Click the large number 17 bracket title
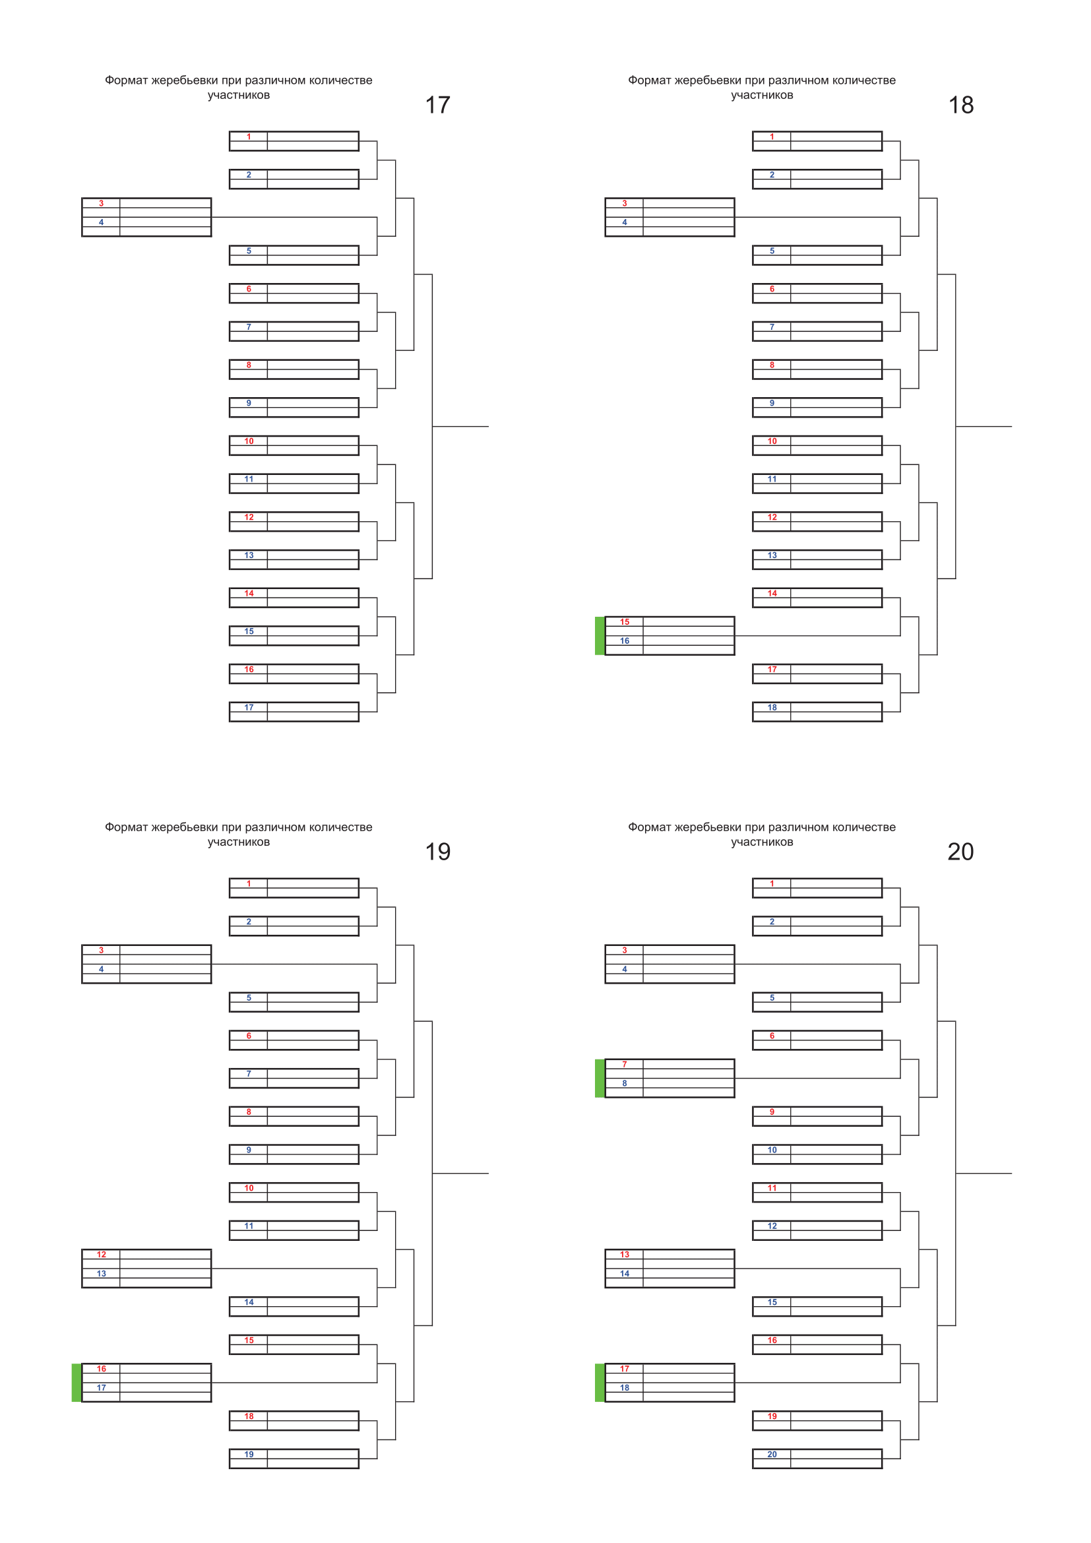(437, 105)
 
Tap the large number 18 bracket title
(960, 105)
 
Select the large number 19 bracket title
(437, 852)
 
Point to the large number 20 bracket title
(960, 852)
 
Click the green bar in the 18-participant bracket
(600, 636)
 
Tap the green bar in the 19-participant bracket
(77, 1383)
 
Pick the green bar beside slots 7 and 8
(600, 1078)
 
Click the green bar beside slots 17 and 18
(600, 1383)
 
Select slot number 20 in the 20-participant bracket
(772, 1455)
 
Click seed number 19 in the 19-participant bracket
(249, 1455)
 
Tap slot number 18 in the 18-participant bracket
(772, 708)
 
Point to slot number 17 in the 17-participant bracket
(249, 708)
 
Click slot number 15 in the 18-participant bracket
(625, 622)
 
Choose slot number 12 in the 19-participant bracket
(102, 1255)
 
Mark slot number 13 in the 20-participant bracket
(625, 1255)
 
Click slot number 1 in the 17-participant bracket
(249, 137)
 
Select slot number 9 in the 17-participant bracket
(249, 403)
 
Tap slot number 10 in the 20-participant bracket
(772, 1150)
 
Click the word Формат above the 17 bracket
(126, 80)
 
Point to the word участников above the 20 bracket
(762, 842)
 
